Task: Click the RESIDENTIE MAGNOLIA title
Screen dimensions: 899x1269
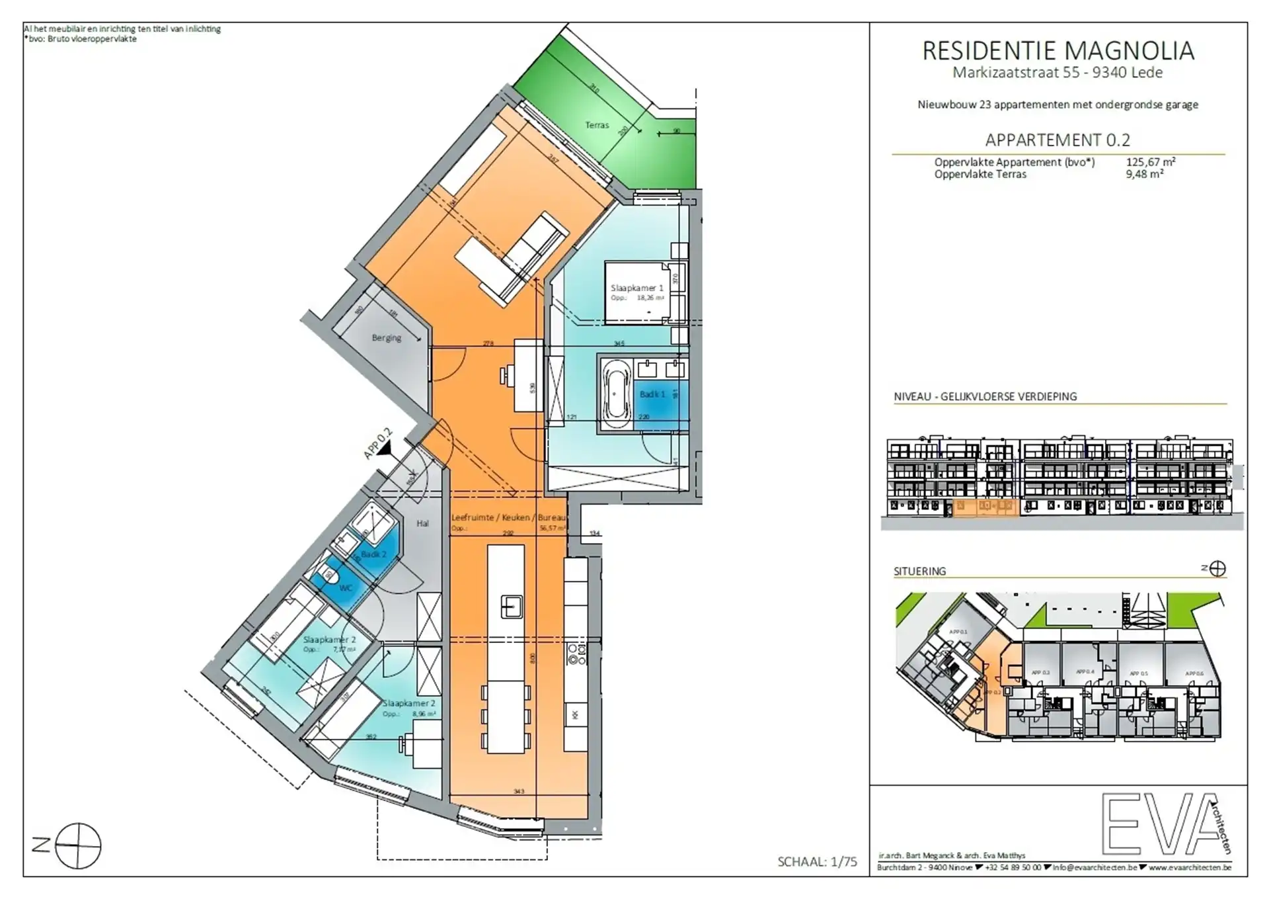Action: tap(1057, 51)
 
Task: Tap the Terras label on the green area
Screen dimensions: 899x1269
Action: tap(596, 125)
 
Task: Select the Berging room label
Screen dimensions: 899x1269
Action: tap(386, 338)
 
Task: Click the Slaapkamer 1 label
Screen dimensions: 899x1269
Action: tap(636, 288)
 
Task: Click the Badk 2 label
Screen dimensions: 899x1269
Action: tap(373, 554)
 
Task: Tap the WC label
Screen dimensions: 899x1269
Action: tap(346, 587)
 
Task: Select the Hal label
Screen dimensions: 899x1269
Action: tap(422, 523)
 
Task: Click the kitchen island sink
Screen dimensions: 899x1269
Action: tap(511, 606)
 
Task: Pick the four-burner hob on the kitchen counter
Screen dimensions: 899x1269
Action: tap(577, 652)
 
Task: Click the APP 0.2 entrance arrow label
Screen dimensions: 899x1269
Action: tap(378, 444)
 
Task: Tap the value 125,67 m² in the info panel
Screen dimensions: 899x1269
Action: tap(1151, 162)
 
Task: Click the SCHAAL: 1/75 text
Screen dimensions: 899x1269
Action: tap(817, 861)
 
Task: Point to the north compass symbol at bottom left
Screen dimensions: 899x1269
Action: tap(77, 845)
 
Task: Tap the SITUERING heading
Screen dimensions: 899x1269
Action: tap(919, 571)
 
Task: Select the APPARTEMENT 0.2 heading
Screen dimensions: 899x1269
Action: tap(1057, 140)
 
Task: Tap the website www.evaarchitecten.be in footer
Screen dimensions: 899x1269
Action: tap(1190, 867)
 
